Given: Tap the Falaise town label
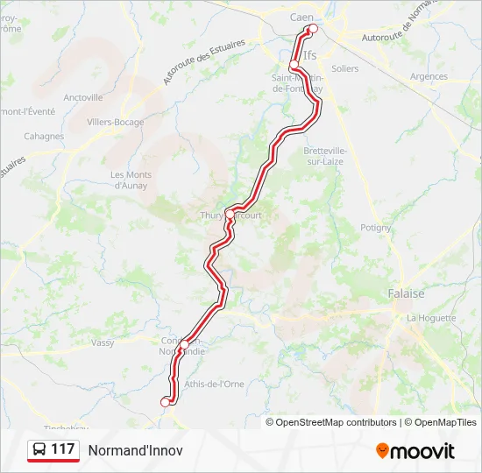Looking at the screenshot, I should click(406, 294).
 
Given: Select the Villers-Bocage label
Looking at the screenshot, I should click(116, 123).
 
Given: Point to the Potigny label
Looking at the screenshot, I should click(376, 227).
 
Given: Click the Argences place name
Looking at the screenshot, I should click(429, 77).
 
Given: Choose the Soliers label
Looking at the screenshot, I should click(345, 68).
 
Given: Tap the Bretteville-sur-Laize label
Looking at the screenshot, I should click(324, 156).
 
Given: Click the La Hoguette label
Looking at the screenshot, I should click(431, 318).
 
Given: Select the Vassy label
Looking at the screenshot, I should click(103, 342).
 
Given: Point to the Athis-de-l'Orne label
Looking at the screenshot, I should click(215, 384).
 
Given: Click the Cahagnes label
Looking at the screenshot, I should click(44, 137).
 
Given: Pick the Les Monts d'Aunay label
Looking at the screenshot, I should click(131, 180).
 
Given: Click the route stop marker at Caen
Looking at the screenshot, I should click(313, 28).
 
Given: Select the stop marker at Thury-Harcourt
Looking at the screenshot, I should click(230, 214).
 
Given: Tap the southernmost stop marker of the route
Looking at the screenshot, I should click(164, 401).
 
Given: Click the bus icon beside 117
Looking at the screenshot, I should click(39, 450).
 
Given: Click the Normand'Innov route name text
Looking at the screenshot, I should click(135, 450).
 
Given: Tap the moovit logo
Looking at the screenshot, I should click(415, 451).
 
